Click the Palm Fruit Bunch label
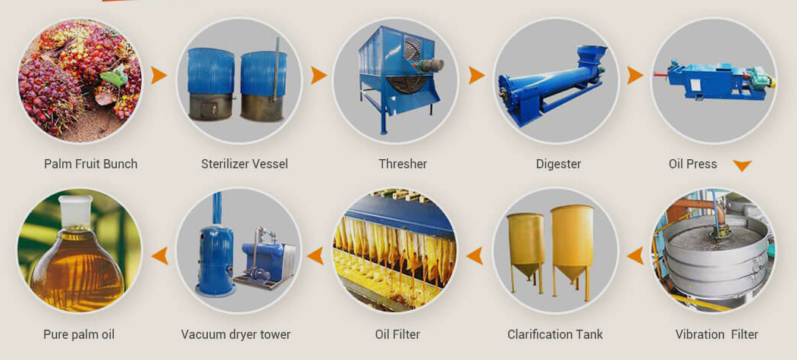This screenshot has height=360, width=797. point(90,164)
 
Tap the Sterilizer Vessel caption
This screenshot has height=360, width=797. point(244,164)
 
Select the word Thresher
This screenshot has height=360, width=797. point(403,164)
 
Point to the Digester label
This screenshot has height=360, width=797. point(558,164)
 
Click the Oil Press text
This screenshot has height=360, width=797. point(692,164)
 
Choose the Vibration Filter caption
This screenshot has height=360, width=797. point(717,334)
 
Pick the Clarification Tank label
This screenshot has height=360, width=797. point(555,334)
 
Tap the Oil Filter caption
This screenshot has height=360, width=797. point(397,334)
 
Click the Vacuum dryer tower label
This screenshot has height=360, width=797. point(236,334)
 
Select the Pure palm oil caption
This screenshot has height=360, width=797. point(79,334)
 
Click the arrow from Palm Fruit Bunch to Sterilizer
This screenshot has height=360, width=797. point(158,75)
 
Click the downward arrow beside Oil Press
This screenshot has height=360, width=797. point(742,166)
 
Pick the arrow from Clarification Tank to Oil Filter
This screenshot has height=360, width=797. point(475,255)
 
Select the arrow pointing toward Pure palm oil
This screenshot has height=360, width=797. point(159,255)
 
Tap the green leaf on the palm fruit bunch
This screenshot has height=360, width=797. point(115,76)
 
